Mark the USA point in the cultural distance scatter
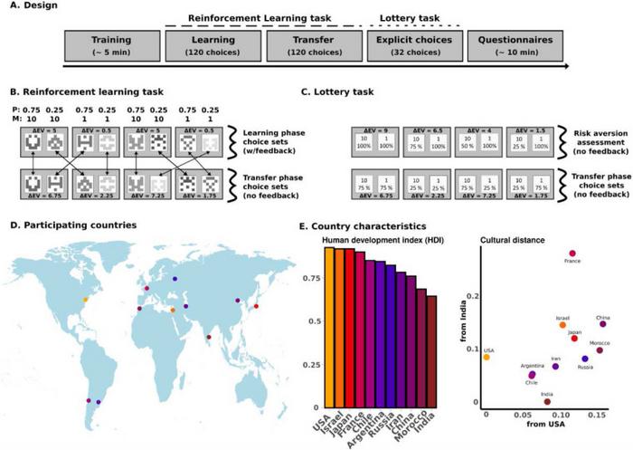click(487, 357)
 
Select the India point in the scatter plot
click(547, 401)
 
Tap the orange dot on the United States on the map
click(86, 300)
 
